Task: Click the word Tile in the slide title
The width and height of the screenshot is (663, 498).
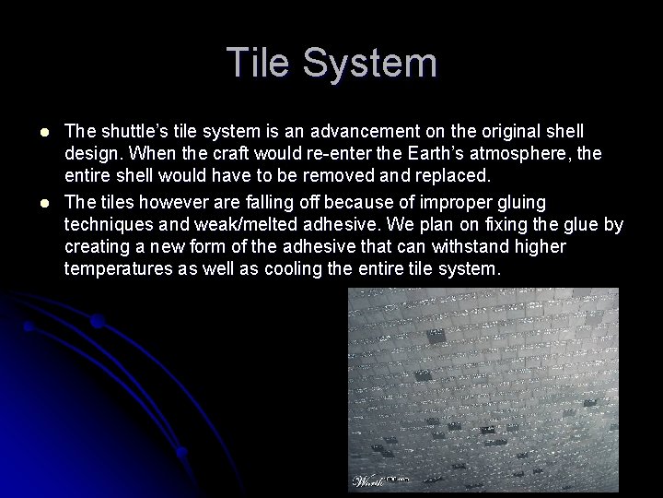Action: tap(261, 64)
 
